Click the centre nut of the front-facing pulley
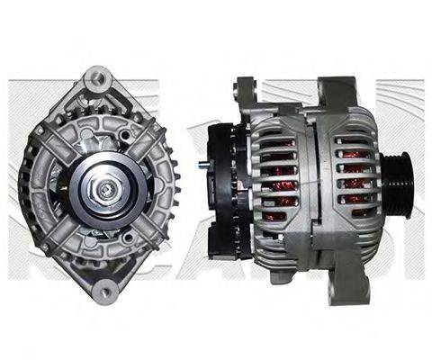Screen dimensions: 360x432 (x=105, y=191)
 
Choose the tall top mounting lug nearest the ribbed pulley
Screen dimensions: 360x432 (x=334, y=94)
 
